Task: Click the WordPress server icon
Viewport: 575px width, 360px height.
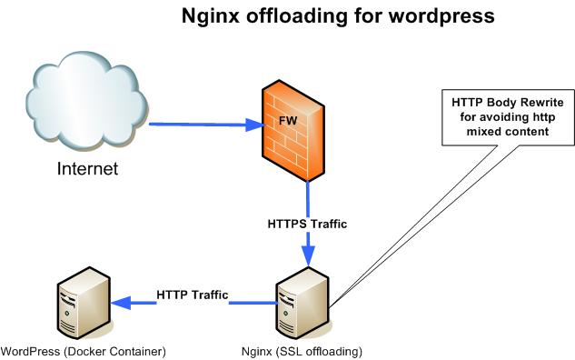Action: click(83, 305)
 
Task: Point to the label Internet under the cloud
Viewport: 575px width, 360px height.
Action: click(88, 168)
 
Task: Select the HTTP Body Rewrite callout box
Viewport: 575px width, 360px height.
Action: click(508, 116)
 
